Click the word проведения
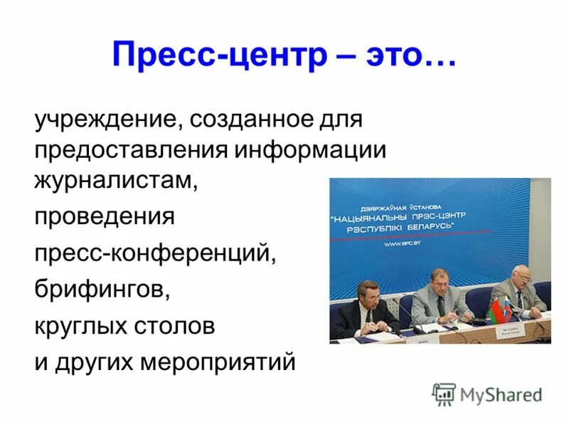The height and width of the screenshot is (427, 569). tap(105, 216)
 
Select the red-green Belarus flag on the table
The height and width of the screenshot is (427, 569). tap(498, 310)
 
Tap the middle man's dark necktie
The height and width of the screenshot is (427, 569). tap(441, 305)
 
